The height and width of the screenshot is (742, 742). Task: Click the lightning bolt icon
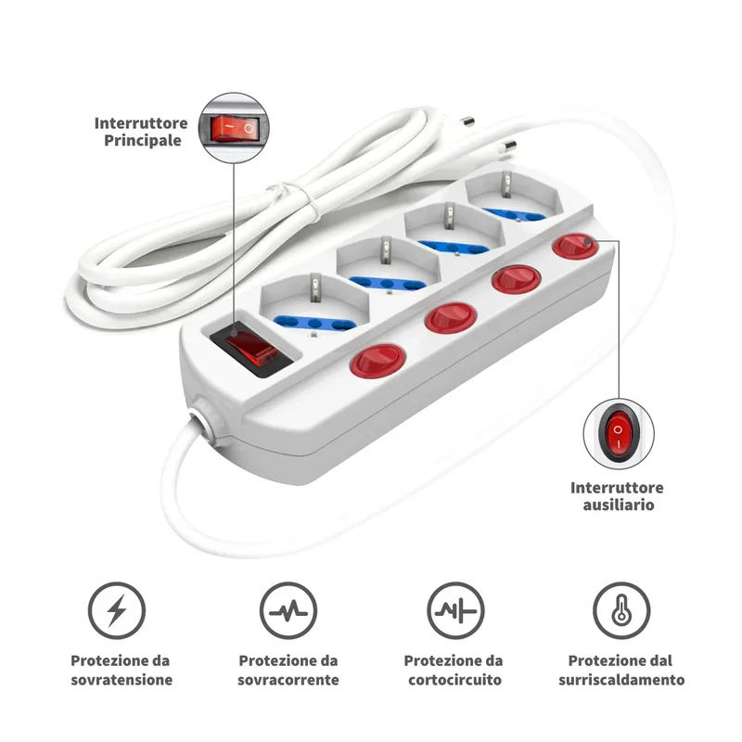click(x=117, y=610)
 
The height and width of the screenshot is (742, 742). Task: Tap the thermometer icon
click(x=621, y=610)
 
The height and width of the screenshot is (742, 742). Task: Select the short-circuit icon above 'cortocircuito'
click(x=455, y=610)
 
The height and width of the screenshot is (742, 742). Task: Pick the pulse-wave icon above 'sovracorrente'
click(x=288, y=610)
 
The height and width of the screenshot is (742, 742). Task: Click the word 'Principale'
click(x=143, y=141)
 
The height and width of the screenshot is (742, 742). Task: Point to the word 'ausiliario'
click(x=619, y=505)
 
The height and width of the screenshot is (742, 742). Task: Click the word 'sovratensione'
click(x=122, y=680)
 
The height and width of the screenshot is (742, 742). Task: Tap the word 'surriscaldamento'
click(x=621, y=680)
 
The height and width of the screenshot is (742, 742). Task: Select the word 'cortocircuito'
click(x=454, y=680)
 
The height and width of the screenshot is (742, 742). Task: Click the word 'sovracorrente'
click(x=288, y=680)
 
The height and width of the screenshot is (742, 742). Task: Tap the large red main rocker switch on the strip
click(x=250, y=349)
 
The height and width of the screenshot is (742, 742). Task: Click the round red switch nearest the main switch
click(x=377, y=359)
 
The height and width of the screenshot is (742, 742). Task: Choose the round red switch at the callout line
click(x=575, y=247)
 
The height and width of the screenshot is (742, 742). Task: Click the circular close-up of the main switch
click(x=234, y=128)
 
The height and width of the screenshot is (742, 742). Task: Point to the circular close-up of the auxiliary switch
click(x=619, y=433)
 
